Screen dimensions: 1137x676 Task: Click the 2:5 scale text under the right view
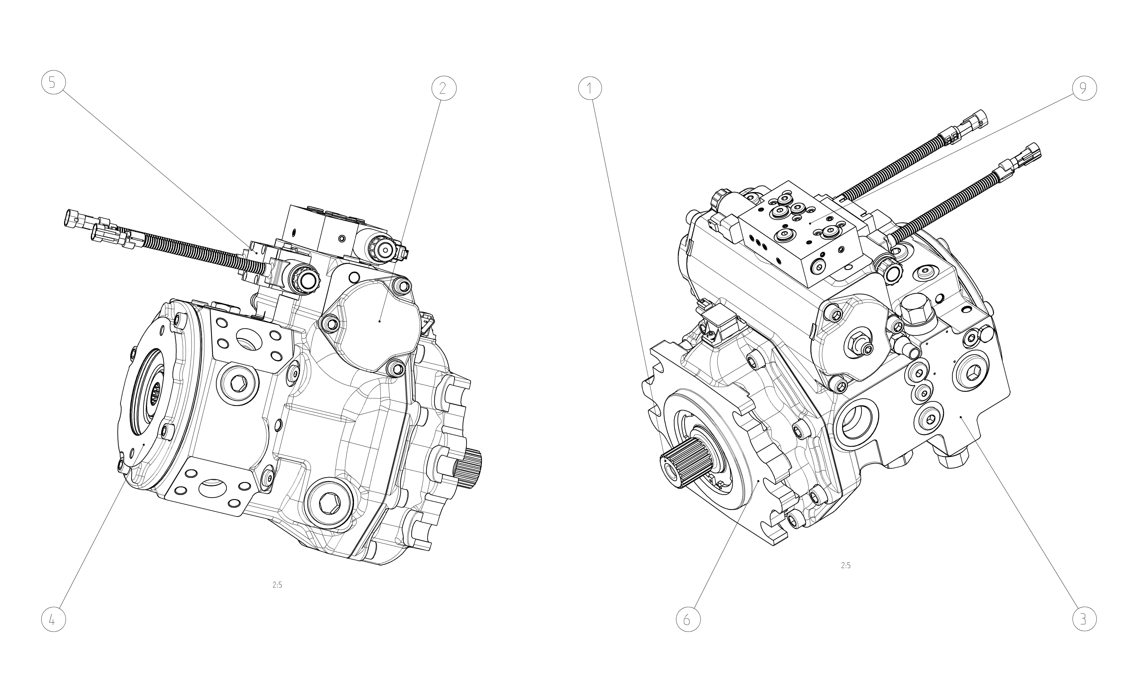click(846, 566)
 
